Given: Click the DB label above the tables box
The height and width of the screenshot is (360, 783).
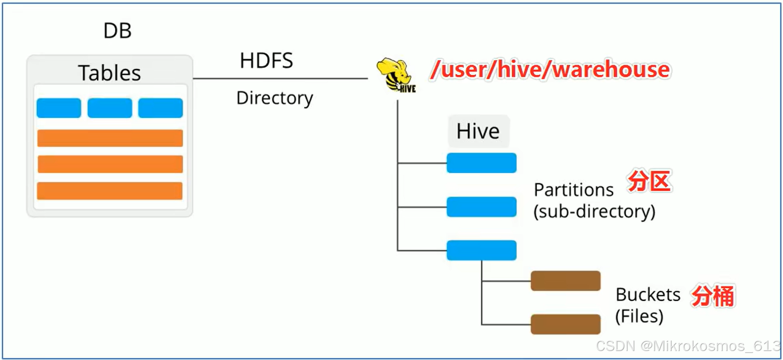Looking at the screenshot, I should (x=117, y=31).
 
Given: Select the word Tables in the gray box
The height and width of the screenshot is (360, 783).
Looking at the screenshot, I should (x=109, y=73).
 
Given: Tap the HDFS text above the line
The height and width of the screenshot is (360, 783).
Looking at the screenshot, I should (x=266, y=61).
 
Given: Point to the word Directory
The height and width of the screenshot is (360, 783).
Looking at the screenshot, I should (x=274, y=98).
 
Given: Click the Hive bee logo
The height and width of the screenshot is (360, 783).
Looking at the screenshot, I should (x=396, y=75).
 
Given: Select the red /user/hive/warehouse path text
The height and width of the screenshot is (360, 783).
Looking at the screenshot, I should (x=550, y=69).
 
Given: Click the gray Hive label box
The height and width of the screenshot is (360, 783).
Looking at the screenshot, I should (x=478, y=131).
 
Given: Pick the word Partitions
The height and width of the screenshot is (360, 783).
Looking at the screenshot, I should (x=574, y=190).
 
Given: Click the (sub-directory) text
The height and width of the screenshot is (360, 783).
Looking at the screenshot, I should (x=594, y=211).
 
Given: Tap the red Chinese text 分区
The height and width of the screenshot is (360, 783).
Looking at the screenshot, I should (x=649, y=181).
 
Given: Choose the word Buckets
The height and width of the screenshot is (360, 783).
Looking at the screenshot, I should (x=648, y=295).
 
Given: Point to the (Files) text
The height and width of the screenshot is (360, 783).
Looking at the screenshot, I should (x=639, y=316).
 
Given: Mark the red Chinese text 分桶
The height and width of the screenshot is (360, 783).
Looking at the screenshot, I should (x=713, y=296).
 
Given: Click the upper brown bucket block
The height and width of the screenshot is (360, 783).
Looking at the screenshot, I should (x=565, y=281).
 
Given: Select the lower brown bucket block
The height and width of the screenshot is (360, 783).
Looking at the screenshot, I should (x=565, y=324).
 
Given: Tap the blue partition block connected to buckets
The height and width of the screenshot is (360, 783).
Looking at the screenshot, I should (x=482, y=250).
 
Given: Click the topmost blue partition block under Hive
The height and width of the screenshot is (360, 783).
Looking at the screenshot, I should (x=482, y=163).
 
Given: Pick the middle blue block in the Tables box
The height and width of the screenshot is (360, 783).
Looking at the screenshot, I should (x=109, y=108).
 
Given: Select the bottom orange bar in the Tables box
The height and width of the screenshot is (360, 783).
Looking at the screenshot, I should (x=110, y=190).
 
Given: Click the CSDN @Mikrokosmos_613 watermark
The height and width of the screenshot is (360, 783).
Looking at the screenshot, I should (x=687, y=346).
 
